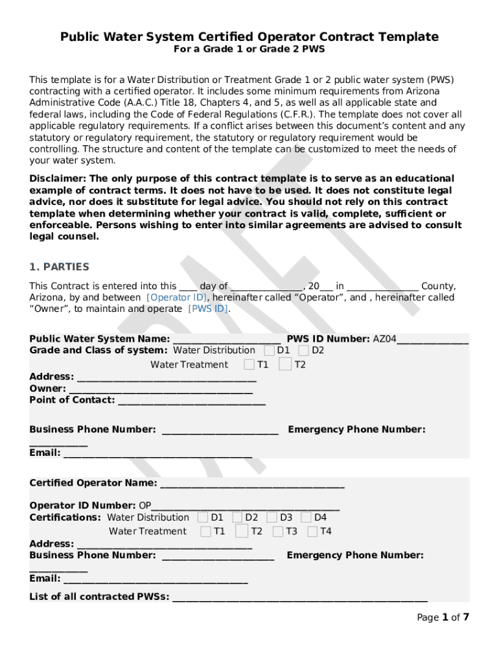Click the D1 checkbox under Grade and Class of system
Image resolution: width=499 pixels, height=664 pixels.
pos(269,351)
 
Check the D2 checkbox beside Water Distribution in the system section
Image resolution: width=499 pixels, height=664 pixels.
pos(303,351)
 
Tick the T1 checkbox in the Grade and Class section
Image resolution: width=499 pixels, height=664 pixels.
pos(249,364)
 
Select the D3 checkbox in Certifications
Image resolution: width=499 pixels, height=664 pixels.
pos(272,517)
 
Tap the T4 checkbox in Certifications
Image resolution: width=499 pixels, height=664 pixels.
pos(312,532)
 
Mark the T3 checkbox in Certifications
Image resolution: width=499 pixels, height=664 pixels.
pos(278,532)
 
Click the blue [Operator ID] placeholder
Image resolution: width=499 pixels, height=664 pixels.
pos(178,298)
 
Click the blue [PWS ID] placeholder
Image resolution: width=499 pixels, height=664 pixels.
pos(208,309)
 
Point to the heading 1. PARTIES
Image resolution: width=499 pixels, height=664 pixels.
pos(60,267)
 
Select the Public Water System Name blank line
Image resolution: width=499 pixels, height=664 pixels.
pos(227,339)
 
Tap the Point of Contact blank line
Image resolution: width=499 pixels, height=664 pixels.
pos(191,401)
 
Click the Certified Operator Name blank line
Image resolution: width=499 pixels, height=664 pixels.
pos(252,484)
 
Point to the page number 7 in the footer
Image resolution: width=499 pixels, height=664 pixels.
pos(466,617)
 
